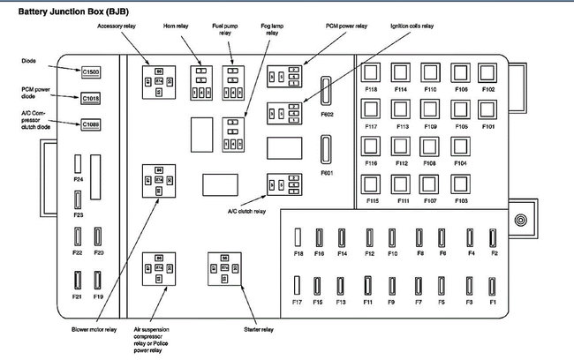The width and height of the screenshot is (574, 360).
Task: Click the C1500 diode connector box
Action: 91,71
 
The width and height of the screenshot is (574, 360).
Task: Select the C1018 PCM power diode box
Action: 91,98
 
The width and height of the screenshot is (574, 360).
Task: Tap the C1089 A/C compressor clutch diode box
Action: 91,124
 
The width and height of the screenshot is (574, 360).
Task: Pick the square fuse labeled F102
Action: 487,72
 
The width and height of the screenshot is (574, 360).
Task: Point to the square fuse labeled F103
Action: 461,184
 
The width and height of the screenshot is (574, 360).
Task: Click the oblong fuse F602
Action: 326,90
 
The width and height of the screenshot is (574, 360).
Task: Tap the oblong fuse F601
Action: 326,150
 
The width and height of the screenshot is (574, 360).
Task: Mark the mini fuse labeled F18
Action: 298,236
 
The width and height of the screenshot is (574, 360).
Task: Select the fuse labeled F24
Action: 78,163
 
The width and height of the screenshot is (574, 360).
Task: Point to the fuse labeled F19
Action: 98,281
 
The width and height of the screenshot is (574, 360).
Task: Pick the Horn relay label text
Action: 175,26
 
